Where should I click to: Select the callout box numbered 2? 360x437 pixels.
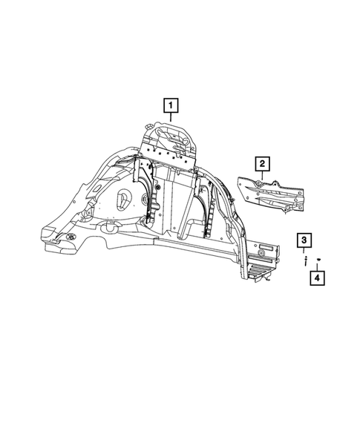(x=262, y=163)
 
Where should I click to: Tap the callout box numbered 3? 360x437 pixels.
(x=304, y=240)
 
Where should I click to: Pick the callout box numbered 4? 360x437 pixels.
(x=318, y=278)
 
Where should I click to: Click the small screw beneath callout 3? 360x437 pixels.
(x=304, y=260)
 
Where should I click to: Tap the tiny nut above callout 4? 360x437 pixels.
(x=318, y=257)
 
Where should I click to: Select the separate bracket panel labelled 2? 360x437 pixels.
(x=271, y=195)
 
